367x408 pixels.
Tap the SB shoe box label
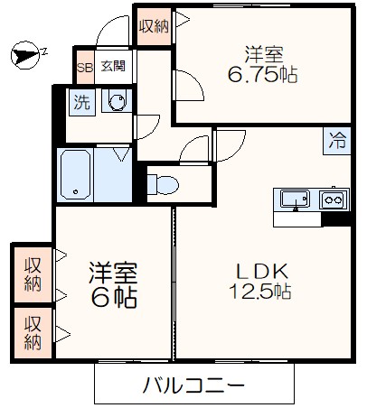point(84,67)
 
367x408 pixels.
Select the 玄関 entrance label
point(113,66)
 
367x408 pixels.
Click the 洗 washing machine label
point(81,103)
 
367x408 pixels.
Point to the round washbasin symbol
point(117,103)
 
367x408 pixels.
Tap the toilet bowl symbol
point(165,184)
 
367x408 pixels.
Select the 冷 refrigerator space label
point(337,140)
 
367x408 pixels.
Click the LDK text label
point(261,269)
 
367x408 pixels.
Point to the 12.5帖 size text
point(259,292)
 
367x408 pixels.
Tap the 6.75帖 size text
point(262,76)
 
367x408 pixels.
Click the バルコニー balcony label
point(194,385)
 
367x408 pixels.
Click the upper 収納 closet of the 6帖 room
point(33,274)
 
